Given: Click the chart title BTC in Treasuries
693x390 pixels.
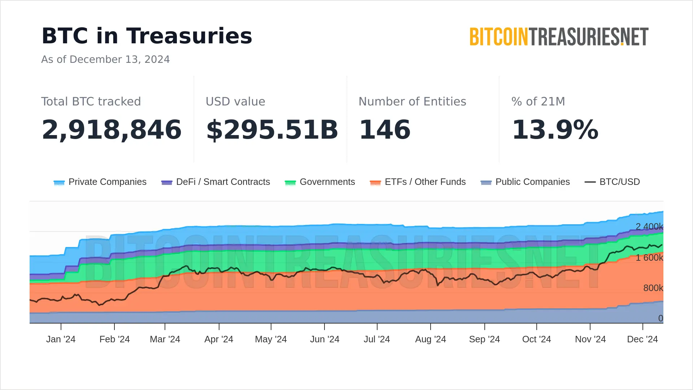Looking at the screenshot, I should pyautogui.click(x=147, y=36).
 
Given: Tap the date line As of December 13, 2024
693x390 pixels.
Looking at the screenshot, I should pyautogui.click(x=105, y=59).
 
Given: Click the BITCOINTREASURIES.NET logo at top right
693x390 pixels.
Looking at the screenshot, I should pyautogui.click(x=559, y=36).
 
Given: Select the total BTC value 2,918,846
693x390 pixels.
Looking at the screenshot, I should pyautogui.click(x=112, y=130).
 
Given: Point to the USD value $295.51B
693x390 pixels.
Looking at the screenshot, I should pyautogui.click(x=272, y=130).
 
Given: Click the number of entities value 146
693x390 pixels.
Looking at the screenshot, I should pyautogui.click(x=385, y=130).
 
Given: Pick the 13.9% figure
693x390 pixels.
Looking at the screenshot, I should pyautogui.click(x=555, y=130).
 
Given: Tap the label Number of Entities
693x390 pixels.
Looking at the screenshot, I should pyautogui.click(x=412, y=101).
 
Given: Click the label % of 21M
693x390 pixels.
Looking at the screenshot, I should pyautogui.click(x=538, y=101).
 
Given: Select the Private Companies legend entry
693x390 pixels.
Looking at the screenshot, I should pyautogui.click(x=100, y=182).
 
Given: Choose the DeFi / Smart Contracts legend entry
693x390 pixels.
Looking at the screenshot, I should pyautogui.click(x=215, y=182).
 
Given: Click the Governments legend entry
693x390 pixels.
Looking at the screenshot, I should pyautogui.click(x=320, y=182).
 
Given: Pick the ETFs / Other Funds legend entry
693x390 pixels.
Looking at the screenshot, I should pyautogui.click(x=418, y=182).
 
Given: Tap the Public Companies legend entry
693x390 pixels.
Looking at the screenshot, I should pyautogui.click(x=525, y=182).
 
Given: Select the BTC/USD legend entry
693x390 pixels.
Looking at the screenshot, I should pyautogui.click(x=612, y=182).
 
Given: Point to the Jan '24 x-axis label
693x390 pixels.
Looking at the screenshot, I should pyautogui.click(x=61, y=339).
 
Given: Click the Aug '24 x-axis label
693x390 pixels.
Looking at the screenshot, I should pyautogui.click(x=431, y=339).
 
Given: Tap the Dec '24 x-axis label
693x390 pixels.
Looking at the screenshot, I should pyautogui.click(x=642, y=339).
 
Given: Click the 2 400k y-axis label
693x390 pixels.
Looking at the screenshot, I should pyautogui.click(x=649, y=226).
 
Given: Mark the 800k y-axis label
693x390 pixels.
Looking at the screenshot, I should pyautogui.click(x=653, y=288).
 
